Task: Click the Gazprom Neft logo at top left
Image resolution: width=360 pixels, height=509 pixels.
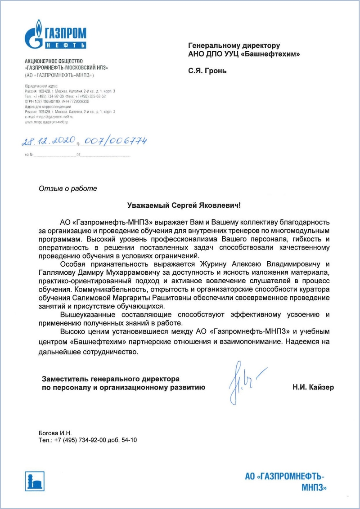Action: point(55,35)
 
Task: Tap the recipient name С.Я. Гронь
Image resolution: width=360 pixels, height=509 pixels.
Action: point(207,71)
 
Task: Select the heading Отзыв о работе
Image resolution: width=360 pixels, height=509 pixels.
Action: point(68,189)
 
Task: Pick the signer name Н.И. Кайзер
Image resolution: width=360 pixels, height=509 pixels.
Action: point(313,387)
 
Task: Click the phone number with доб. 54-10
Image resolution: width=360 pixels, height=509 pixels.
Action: point(88,440)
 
